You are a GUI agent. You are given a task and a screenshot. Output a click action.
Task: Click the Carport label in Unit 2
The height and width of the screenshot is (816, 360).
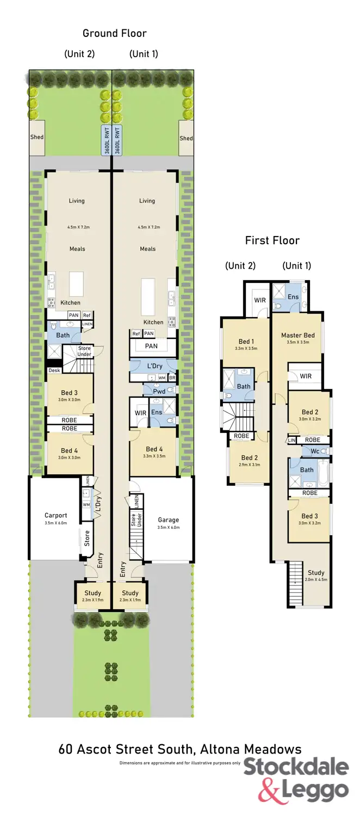coord(55,515)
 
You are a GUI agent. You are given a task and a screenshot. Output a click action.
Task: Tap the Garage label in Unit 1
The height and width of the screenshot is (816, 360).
coord(168,520)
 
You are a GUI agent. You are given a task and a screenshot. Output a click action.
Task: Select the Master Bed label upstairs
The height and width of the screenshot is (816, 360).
coord(297,335)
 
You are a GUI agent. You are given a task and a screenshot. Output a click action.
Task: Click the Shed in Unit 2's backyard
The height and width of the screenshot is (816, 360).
coord(37,137)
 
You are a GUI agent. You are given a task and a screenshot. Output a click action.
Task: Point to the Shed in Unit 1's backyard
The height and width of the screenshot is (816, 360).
coord(186,138)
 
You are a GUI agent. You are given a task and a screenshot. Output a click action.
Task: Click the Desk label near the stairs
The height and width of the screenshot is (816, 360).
coord(54,370)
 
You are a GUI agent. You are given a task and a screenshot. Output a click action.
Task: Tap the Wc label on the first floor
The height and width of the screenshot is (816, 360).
coord(314,451)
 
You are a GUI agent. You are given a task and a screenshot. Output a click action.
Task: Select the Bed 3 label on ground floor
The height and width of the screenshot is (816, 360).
coord(70,393)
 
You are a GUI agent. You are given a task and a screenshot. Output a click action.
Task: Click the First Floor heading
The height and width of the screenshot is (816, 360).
coord(272,240)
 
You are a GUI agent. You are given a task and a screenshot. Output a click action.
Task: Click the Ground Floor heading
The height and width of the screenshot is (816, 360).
coord(114,33)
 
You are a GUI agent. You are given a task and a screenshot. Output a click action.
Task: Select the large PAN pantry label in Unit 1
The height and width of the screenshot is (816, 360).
coord(152,346)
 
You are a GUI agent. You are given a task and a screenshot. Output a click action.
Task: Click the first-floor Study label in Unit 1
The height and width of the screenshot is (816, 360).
coord(316,572)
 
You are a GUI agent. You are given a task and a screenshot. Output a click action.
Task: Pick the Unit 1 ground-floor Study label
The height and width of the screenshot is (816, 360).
coord(130,593)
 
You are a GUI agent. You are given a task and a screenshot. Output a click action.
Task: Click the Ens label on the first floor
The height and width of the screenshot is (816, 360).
coord(293,296)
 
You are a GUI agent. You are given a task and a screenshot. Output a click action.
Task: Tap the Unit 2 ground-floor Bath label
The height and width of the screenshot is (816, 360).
coord(63,335)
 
